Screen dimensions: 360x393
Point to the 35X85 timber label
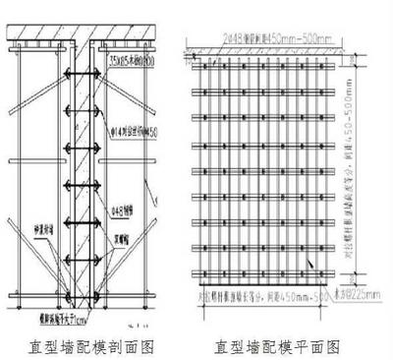(x=133, y=61)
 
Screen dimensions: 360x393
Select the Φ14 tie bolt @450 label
(x=134, y=133)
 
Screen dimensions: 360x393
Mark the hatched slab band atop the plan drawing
(x=265, y=50)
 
